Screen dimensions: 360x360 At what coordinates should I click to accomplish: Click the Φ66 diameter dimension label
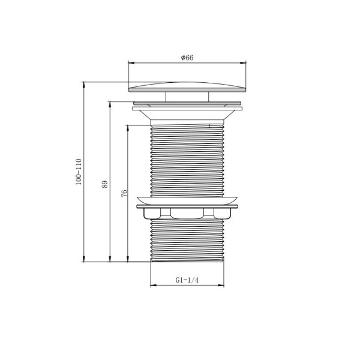(187, 58)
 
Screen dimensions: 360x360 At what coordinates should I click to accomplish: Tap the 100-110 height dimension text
(79, 172)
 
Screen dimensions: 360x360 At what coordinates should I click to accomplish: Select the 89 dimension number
(104, 184)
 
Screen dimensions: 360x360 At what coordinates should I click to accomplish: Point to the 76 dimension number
(124, 193)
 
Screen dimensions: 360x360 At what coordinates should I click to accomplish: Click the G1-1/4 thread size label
(187, 280)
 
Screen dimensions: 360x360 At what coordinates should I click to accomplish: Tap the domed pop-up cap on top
(187, 87)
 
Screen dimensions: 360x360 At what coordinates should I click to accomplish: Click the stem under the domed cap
(187, 97)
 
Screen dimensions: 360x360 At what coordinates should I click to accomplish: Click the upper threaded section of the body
(187, 161)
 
